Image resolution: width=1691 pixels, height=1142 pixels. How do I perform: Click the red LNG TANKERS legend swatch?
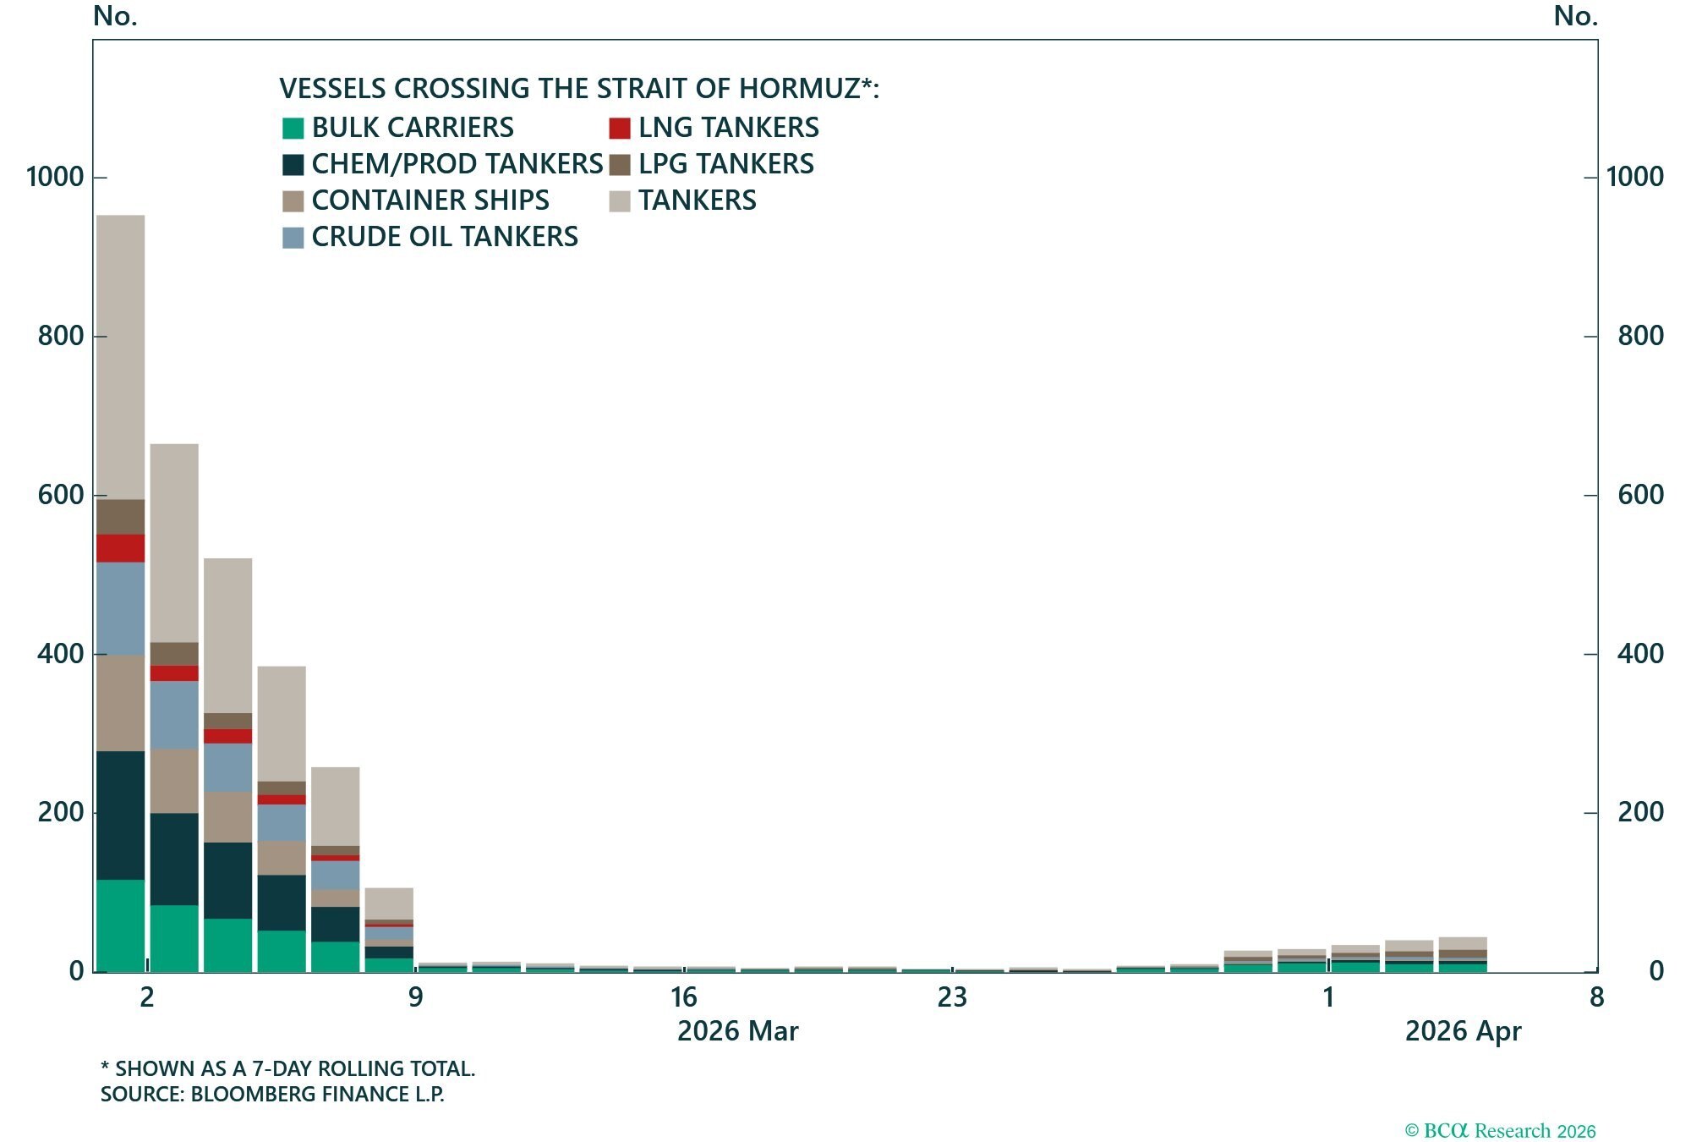coord(620,129)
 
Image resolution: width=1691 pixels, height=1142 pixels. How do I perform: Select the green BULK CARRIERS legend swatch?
coord(293,129)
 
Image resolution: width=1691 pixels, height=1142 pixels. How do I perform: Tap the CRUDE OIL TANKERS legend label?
coord(445,237)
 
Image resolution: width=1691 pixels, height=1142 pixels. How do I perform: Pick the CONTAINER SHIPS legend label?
coord(430,200)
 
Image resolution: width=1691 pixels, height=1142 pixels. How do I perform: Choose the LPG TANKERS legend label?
coord(725,164)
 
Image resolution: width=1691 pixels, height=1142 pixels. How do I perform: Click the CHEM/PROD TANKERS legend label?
coord(457,164)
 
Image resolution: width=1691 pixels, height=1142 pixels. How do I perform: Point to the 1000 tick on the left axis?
coord(56,178)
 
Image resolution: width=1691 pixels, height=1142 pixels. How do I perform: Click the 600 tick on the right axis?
coord(1640,495)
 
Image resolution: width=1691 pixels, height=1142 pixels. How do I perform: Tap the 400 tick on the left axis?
coord(61,654)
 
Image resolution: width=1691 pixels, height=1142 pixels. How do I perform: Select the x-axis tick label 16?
coord(683,998)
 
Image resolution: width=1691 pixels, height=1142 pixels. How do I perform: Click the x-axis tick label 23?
coord(951,998)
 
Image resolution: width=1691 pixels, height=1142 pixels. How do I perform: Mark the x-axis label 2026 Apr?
coord(1463,1032)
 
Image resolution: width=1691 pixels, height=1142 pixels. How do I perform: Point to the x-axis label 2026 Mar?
coord(737,1032)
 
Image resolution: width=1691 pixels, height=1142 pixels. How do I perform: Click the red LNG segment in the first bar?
coord(120,548)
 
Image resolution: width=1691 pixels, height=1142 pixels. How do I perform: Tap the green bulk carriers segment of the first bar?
coord(120,925)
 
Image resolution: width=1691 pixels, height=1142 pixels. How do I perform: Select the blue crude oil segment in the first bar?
coord(120,608)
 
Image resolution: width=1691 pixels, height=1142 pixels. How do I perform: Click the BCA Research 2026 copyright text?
coord(1500,1131)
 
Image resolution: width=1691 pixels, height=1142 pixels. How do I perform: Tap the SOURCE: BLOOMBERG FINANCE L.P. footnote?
coord(272,1095)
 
